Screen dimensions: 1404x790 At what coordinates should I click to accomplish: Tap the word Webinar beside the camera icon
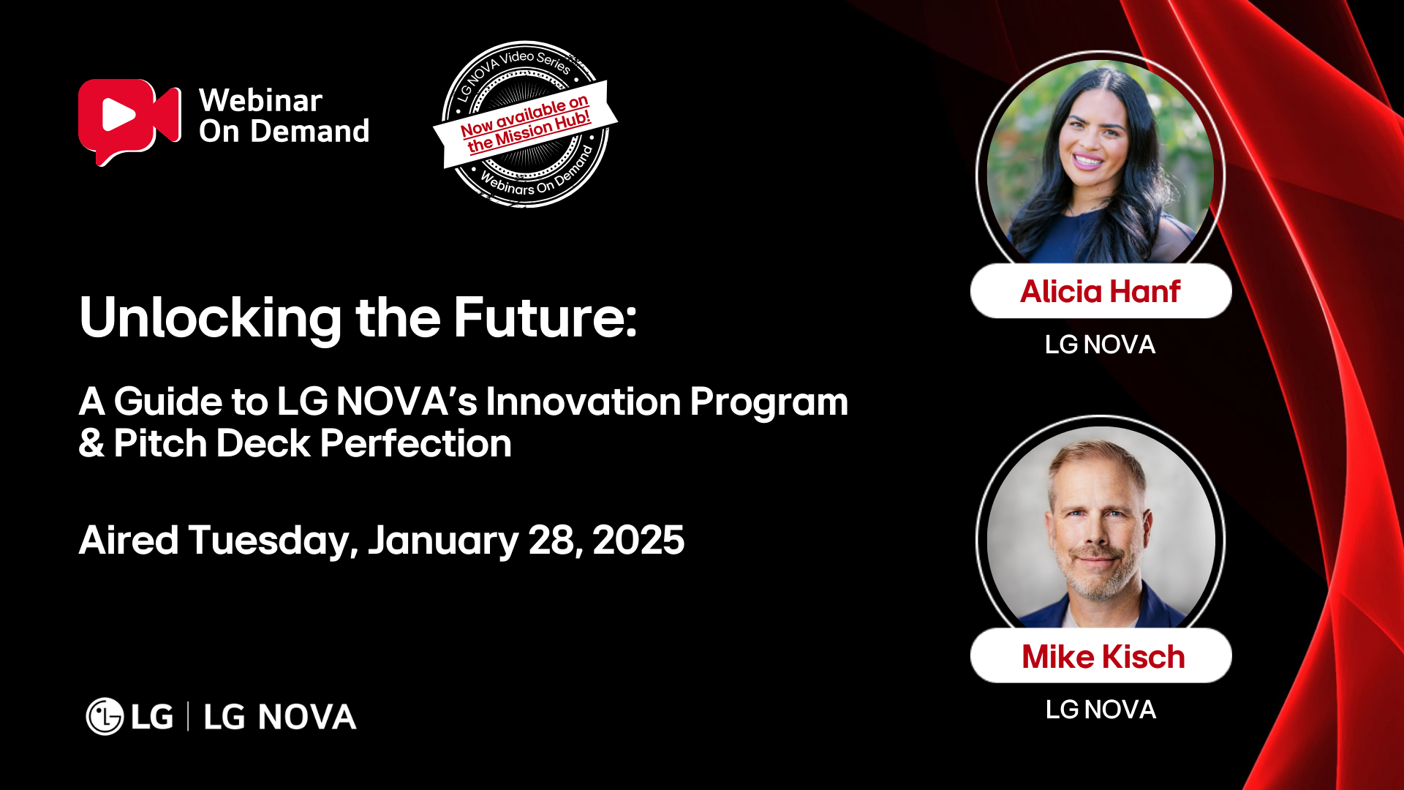(x=260, y=100)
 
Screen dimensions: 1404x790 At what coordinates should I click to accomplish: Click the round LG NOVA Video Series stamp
(x=525, y=124)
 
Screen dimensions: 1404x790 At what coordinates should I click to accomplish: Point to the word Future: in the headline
(x=546, y=317)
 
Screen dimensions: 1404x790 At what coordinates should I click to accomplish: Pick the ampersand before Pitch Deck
(x=91, y=444)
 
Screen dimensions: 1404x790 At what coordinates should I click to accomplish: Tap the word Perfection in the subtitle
(x=415, y=444)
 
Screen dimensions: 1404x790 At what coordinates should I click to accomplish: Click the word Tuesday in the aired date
(x=273, y=541)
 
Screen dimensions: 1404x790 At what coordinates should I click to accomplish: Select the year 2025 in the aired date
(x=638, y=541)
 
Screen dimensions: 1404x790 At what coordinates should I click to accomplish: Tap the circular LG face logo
(x=105, y=716)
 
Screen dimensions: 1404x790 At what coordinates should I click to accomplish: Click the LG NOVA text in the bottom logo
(x=280, y=717)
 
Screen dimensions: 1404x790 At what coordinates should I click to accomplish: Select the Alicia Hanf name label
(x=1101, y=291)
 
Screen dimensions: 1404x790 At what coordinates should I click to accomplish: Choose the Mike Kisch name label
(x=1102, y=656)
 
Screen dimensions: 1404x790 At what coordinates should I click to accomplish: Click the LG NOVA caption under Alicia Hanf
(x=1100, y=345)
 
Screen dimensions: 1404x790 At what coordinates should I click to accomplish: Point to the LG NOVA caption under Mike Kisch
(x=1101, y=710)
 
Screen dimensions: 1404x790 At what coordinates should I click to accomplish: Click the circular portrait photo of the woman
(x=1101, y=161)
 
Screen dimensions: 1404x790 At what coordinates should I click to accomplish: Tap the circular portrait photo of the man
(x=1101, y=527)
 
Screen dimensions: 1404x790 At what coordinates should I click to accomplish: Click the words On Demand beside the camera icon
(x=284, y=132)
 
